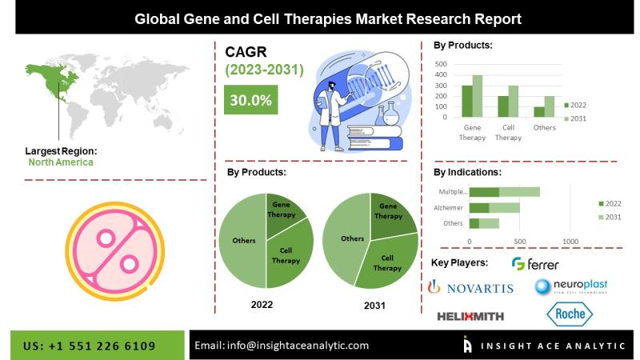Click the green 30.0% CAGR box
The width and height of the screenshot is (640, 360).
250,99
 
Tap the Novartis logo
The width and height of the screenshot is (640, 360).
470,287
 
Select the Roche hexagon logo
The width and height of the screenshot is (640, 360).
570,314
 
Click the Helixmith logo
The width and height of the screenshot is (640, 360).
470,316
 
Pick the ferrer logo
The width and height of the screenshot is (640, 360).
535,264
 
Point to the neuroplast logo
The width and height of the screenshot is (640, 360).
571,286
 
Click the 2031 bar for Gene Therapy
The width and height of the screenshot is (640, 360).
478,96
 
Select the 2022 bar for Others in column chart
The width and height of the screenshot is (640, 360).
539,112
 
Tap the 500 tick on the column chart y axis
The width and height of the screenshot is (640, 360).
441,64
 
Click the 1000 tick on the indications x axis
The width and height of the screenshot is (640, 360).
570,242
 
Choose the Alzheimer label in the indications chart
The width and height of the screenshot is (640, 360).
448,208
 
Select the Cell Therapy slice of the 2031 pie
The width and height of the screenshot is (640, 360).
388,262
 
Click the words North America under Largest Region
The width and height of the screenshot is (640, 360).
61,162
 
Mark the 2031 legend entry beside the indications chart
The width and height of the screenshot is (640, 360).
610,217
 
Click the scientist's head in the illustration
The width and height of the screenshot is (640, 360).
331,86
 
